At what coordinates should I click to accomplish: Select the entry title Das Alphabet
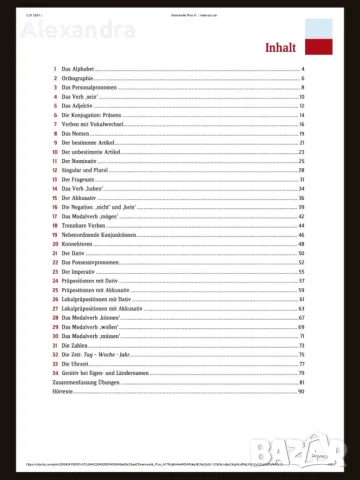(x=81, y=69)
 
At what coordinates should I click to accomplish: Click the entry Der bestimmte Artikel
(x=91, y=143)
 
